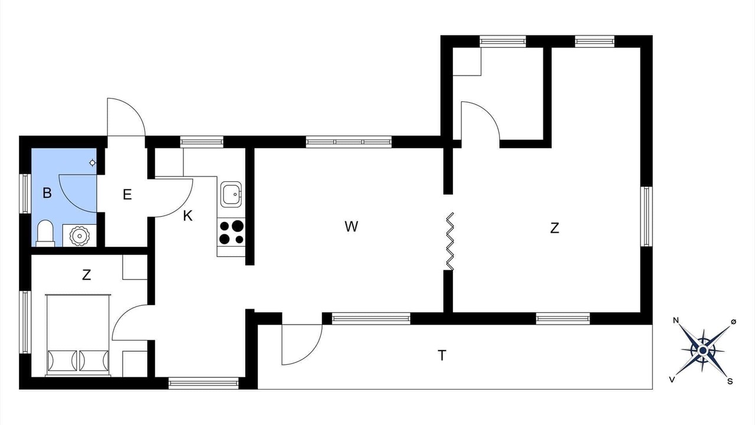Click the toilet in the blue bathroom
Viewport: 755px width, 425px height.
pos(45,233)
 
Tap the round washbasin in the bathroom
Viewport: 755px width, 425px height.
pos(80,236)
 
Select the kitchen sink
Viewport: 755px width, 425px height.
pos(231,194)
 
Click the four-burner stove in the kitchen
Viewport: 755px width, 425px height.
pos(231,233)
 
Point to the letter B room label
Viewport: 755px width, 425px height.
pos(47,193)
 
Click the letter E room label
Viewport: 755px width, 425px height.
pos(127,195)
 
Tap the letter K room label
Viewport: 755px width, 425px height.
pos(188,216)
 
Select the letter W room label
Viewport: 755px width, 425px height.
pos(351,227)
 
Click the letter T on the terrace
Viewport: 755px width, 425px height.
pos(442,355)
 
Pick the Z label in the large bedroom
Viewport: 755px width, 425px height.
pos(554,228)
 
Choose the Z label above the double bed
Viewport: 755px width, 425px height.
pos(86,275)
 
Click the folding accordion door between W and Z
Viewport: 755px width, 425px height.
pos(450,241)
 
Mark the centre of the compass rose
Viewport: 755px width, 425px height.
pos(703,351)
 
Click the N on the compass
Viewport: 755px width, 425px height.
pos(676,321)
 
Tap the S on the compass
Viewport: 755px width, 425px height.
pos(730,381)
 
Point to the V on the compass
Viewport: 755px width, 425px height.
pos(672,380)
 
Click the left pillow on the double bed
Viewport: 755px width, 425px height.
pos(63,361)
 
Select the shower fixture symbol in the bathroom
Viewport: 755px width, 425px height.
pos(92,164)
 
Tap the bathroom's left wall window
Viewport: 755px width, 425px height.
pos(25,194)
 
